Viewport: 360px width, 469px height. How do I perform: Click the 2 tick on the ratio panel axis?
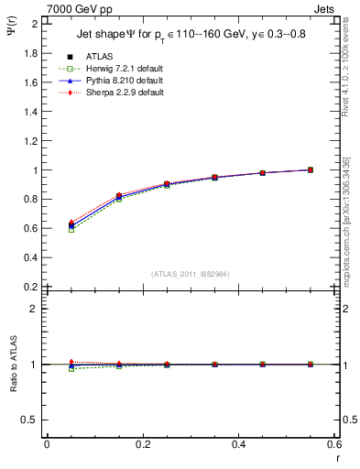tap(35, 309)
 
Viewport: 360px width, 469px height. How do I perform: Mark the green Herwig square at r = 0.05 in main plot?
tap(71, 230)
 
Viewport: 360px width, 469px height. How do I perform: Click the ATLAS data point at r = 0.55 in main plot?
tap(311, 169)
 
